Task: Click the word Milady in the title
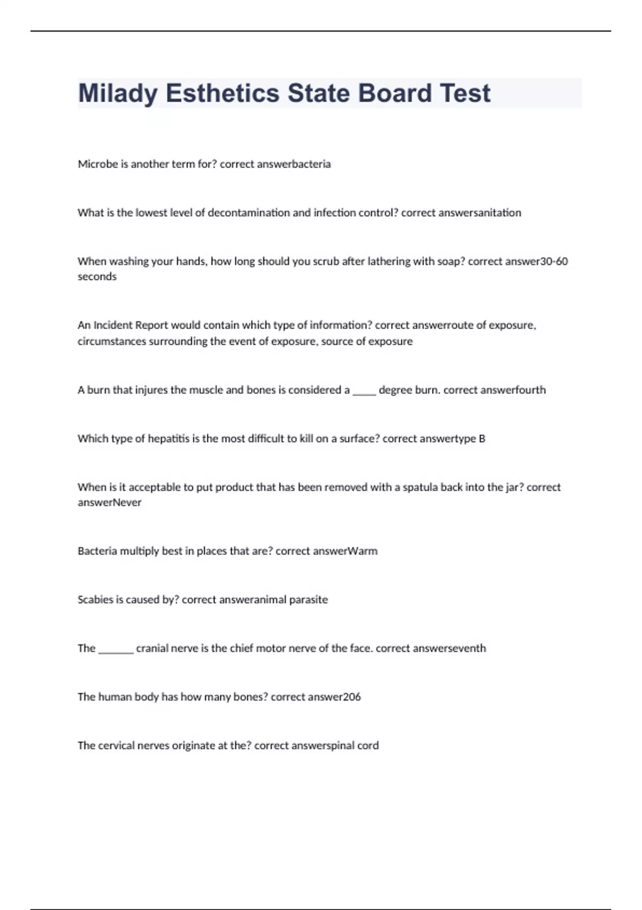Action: [x=118, y=94]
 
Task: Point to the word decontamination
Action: [x=249, y=213]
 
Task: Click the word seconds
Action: [x=97, y=277]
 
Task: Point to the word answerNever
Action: [x=110, y=503]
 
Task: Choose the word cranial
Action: [x=151, y=649]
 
